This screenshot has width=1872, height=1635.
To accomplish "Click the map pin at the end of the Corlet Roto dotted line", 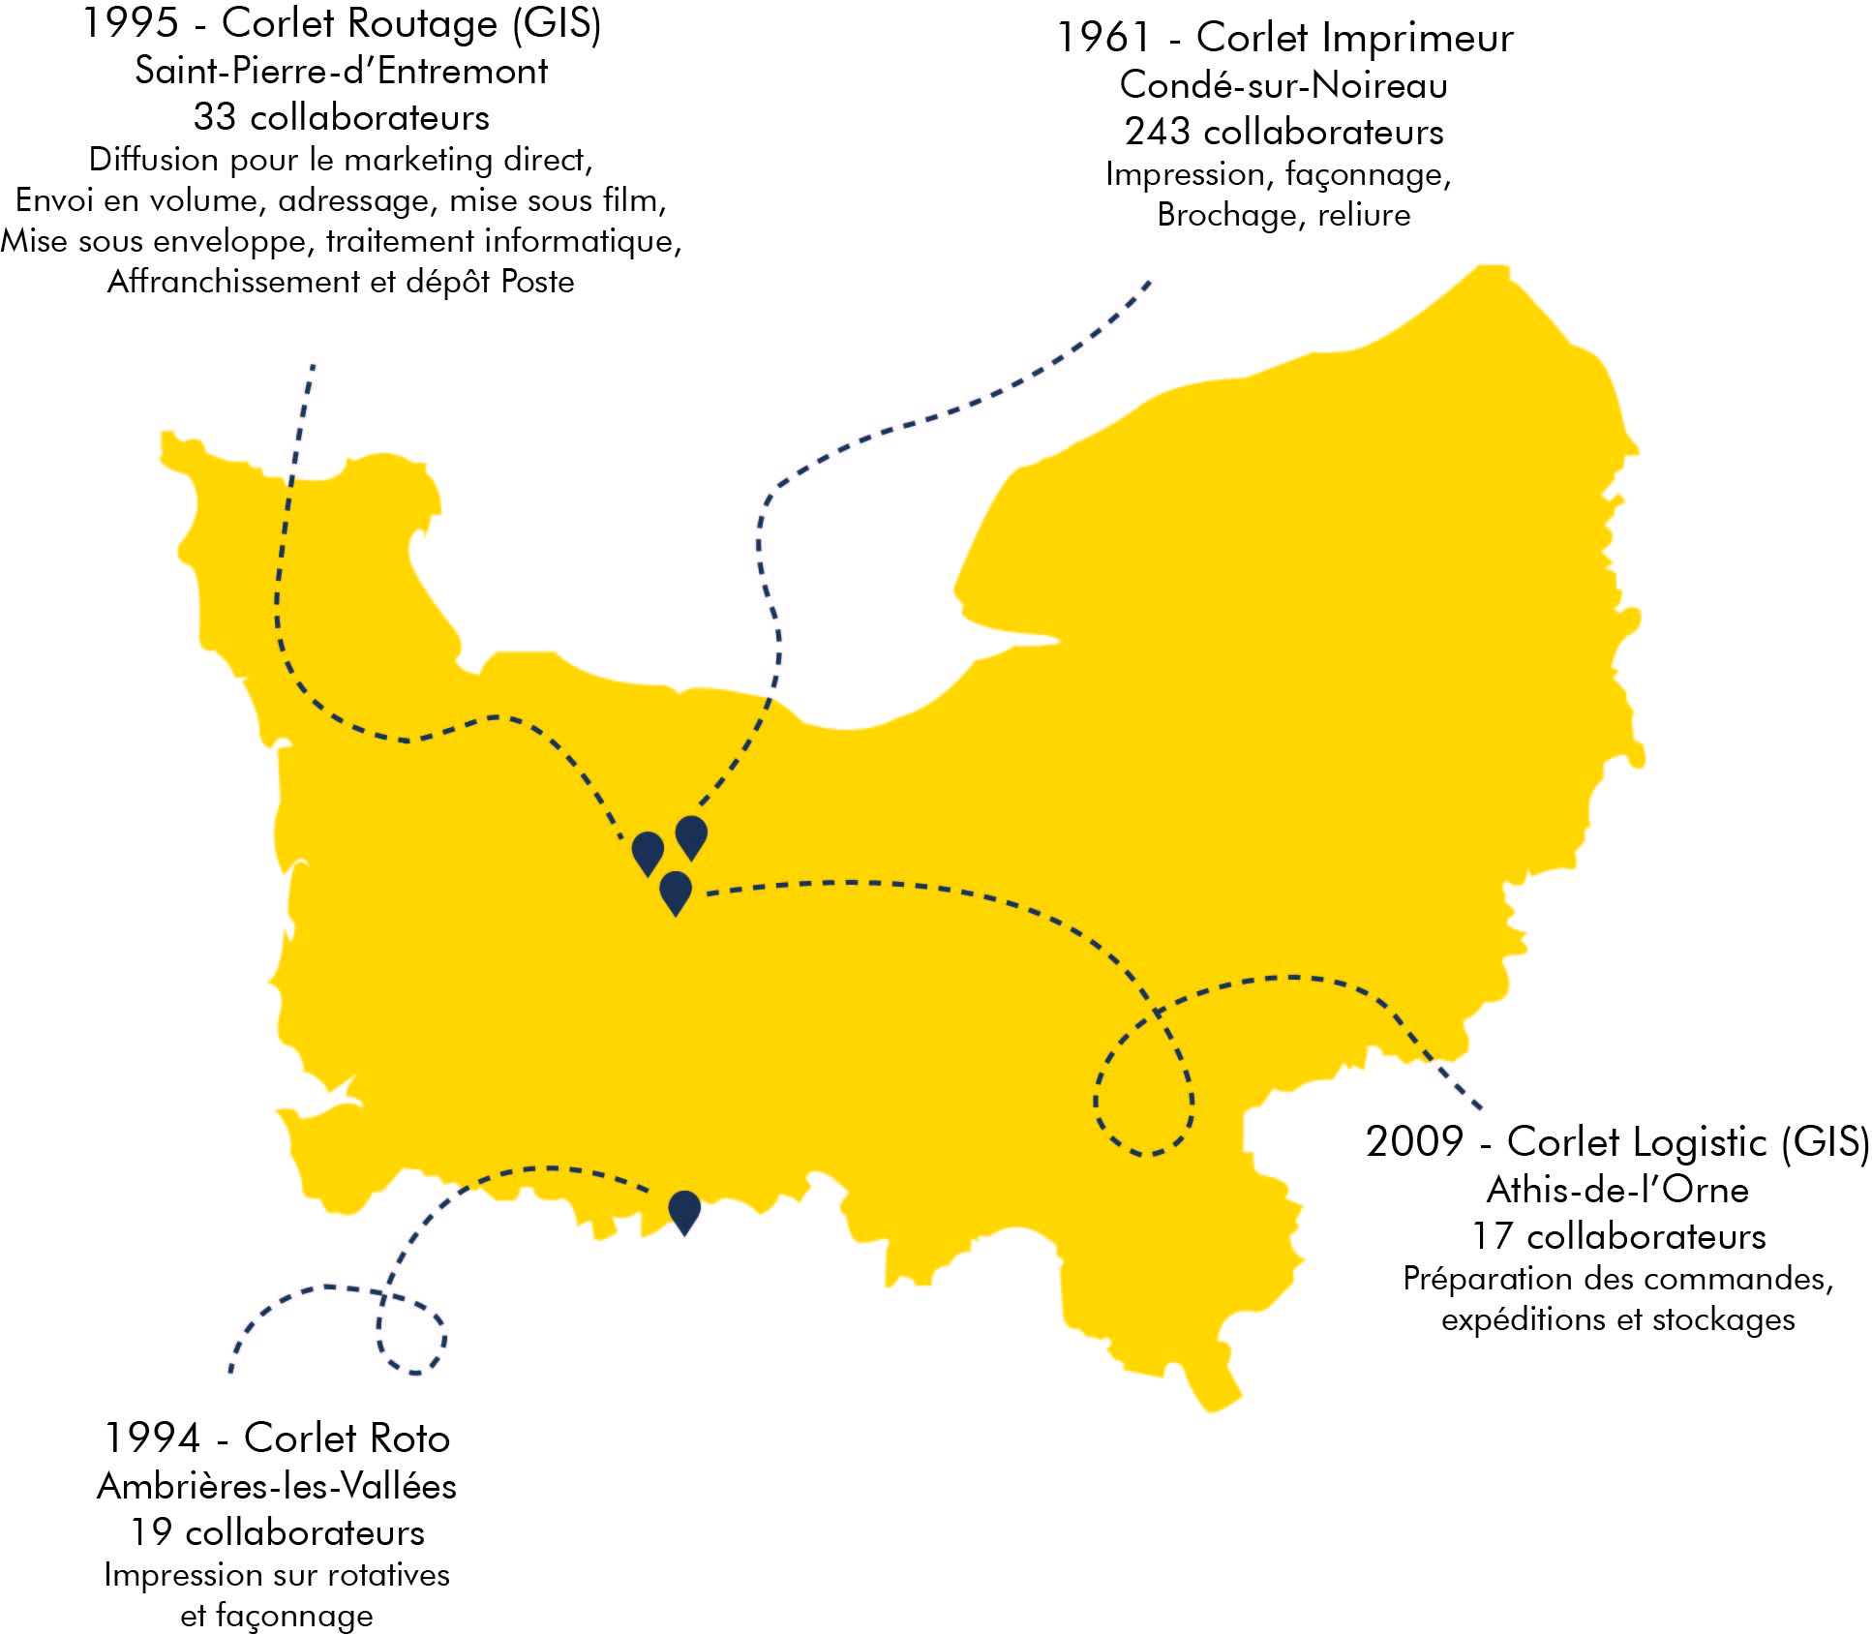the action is tap(684, 1210).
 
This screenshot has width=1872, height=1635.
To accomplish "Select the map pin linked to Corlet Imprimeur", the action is tap(691, 835).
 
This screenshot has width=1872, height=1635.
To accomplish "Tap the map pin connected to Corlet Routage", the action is tap(648, 852).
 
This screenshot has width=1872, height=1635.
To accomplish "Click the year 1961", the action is tap(1102, 39).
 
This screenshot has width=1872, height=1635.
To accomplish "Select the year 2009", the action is tap(1413, 1142).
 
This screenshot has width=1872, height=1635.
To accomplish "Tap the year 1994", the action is tap(152, 1438).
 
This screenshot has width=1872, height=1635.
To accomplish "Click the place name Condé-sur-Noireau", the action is tap(1283, 85).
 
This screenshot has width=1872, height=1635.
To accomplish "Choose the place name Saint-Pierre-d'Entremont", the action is tap(341, 71).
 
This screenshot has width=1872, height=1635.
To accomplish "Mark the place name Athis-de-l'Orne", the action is tap(1617, 1190).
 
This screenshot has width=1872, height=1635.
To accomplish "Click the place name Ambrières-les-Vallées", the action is tap(277, 1486).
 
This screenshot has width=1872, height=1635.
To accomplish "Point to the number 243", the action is tap(1157, 132).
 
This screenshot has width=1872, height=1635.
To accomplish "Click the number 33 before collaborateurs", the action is tap(215, 117).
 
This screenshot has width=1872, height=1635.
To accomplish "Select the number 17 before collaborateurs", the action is tap(1493, 1236).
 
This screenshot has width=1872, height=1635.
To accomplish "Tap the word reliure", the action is tap(1364, 215).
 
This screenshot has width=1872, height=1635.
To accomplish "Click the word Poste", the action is tap(537, 282).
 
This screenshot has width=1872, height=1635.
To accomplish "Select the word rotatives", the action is tap(389, 1575).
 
